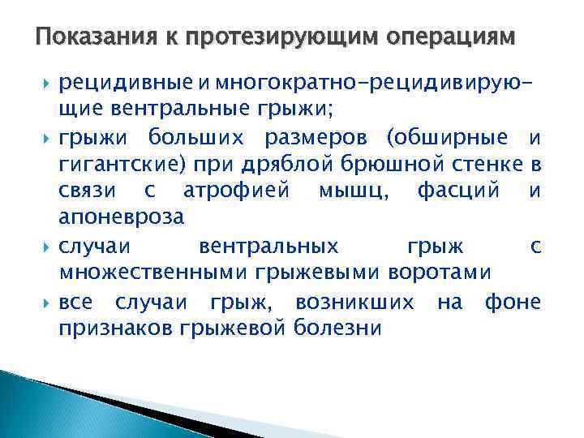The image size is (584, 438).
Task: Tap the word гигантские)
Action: [x=122, y=165]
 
